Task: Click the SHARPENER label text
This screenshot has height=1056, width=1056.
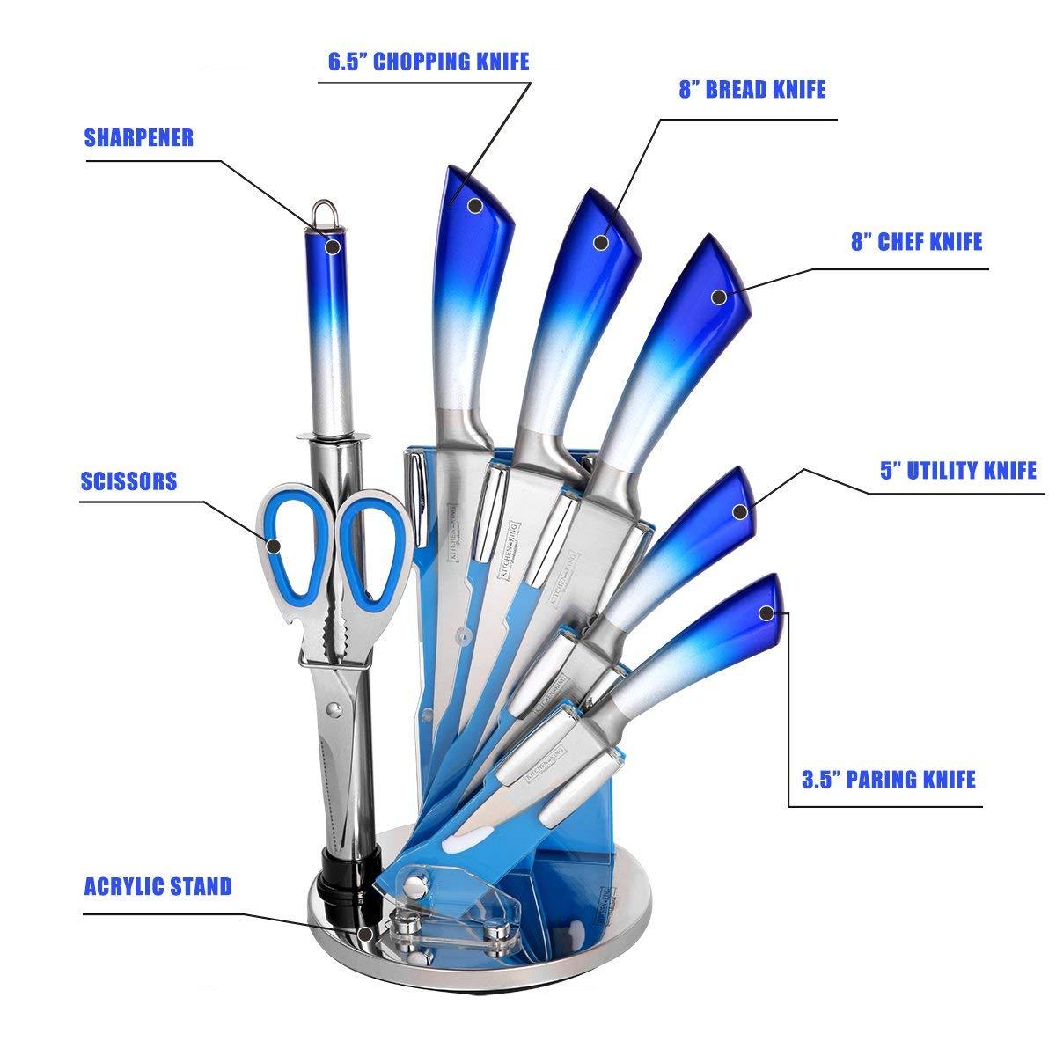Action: pos(138,138)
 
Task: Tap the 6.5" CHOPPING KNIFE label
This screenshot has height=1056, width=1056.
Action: pos(429,62)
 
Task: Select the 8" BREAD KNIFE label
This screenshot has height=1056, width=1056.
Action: pos(752,90)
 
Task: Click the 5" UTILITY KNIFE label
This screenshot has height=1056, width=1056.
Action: pos(958,471)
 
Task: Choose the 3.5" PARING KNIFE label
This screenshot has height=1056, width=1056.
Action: pos(889,780)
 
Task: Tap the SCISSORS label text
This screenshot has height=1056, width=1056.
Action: pos(128,481)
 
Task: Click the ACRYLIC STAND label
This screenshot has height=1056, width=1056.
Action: pos(158,885)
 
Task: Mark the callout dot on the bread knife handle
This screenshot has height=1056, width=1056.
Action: pos(602,218)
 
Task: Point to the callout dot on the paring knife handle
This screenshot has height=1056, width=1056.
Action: pos(767,612)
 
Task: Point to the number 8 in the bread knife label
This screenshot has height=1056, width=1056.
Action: pos(684,90)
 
